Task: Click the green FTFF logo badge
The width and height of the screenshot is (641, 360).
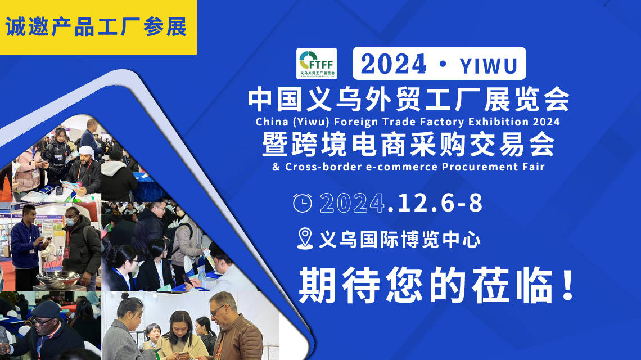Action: pos(317,64)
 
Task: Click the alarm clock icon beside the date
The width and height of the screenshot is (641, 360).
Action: pos(303,203)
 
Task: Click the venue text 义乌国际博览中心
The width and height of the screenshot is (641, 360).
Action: pos(399,240)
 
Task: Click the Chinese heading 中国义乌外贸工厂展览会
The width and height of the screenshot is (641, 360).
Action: pos(409,100)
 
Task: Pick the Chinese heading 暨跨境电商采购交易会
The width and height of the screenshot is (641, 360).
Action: pos(409,145)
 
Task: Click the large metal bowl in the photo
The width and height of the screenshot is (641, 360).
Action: pos(58,278)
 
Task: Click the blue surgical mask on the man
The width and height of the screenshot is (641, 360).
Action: pos(70,222)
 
